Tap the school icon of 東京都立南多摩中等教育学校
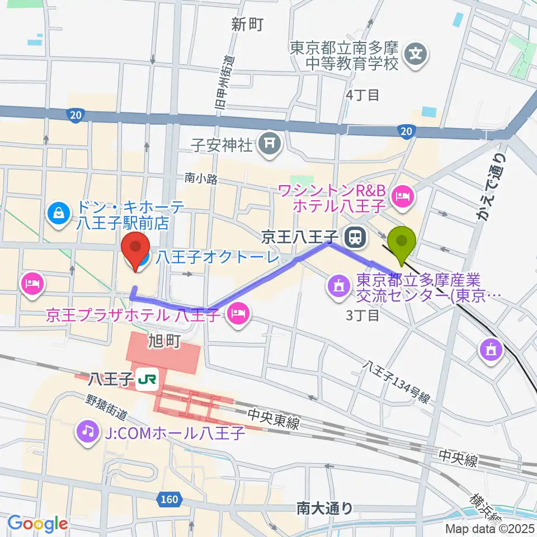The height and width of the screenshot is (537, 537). pyautogui.click(x=417, y=55)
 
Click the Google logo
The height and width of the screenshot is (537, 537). pyautogui.click(x=37, y=524)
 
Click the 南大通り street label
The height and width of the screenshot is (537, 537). pyautogui.click(x=324, y=508)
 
